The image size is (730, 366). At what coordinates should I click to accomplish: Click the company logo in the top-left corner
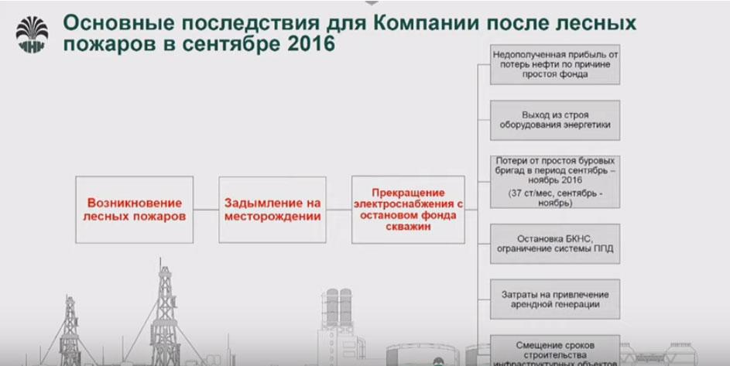point(32,32)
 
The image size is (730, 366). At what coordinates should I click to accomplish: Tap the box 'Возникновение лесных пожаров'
point(135,210)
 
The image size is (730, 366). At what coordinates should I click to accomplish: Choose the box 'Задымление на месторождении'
point(272,210)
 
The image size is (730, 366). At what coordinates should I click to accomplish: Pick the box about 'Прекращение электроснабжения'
point(407,210)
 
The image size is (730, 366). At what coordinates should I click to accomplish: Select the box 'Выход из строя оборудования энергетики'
point(555,120)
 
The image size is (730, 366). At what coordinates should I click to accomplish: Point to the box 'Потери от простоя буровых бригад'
point(555,181)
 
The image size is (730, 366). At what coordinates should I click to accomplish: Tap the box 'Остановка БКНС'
point(555,244)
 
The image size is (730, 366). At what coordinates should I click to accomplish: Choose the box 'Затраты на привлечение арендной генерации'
point(555,299)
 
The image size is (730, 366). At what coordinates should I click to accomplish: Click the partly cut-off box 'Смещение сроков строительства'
point(555,350)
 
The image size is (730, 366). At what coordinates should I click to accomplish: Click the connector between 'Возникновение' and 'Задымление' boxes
point(206,210)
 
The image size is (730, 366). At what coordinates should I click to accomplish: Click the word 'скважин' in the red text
point(407,227)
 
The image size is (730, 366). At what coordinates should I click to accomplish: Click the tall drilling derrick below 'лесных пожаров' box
point(163,310)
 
